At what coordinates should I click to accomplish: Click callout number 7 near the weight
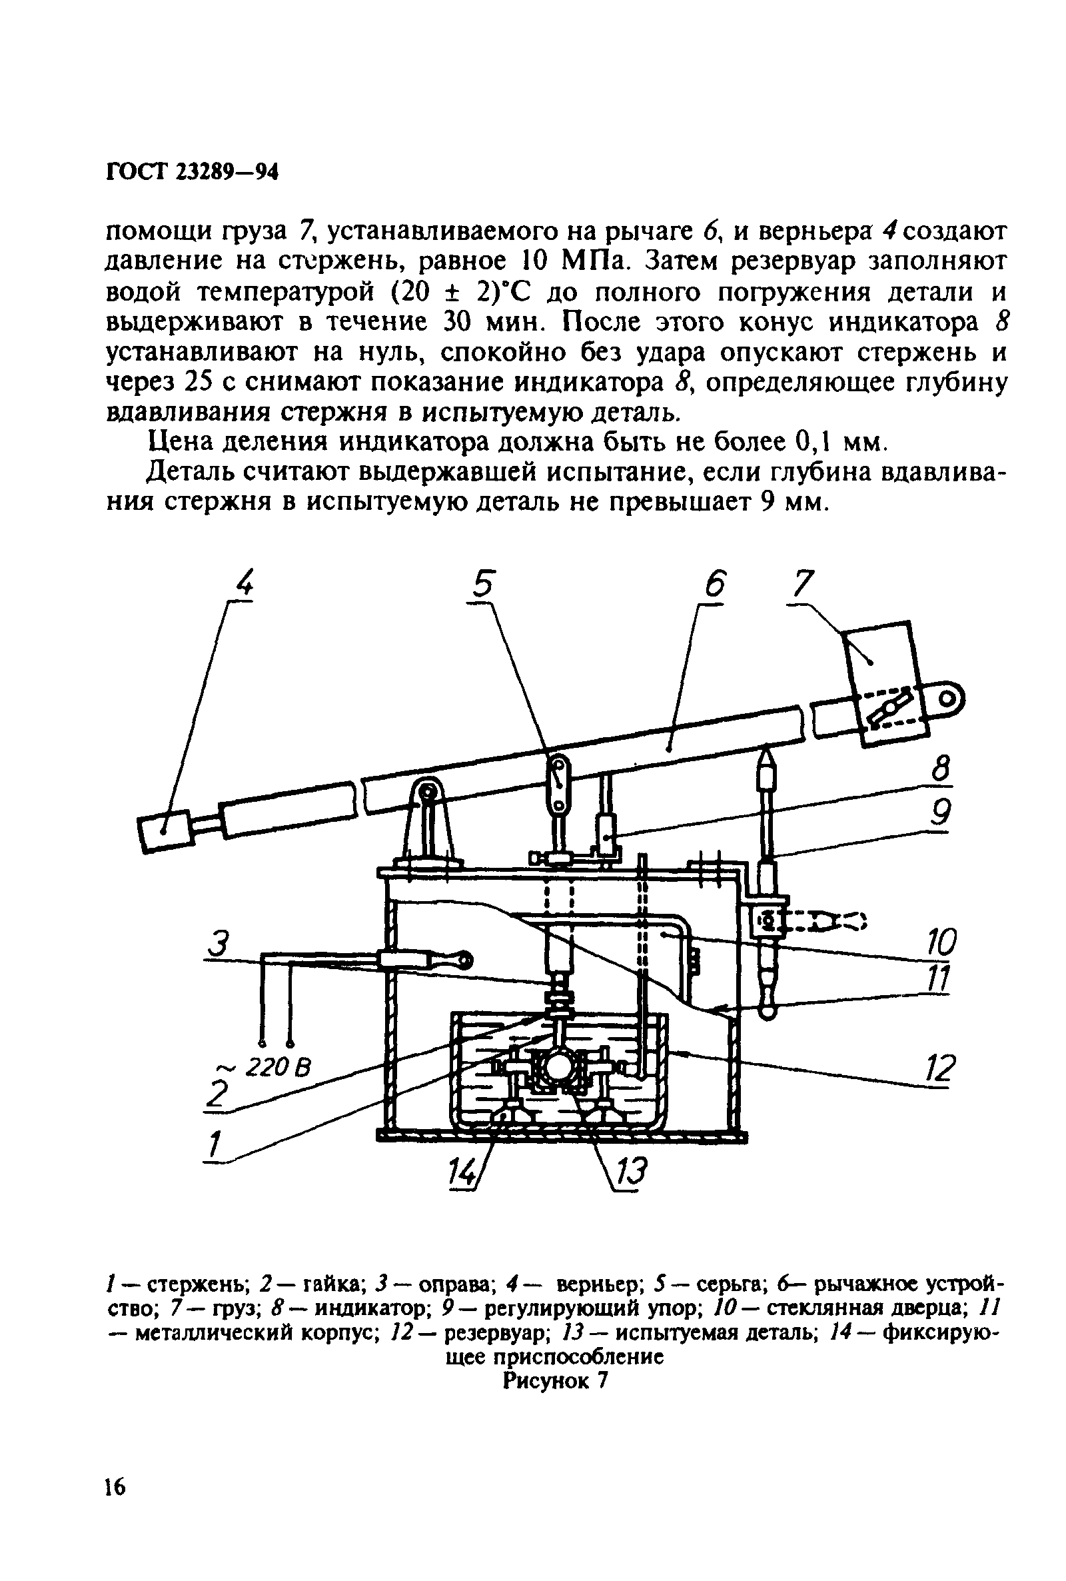point(803,584)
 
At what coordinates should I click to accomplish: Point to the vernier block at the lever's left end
point(167,832)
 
